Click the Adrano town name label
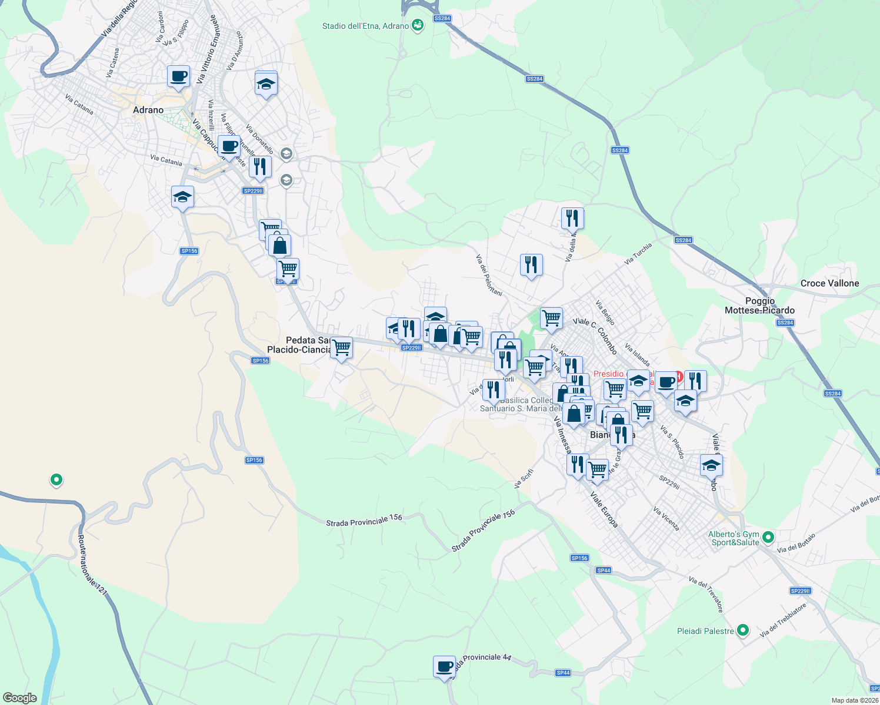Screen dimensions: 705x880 [148, 110]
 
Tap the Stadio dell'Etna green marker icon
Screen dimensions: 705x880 [418, 25]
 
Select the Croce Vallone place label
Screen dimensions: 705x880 [829, 283]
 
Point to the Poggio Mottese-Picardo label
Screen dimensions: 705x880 [759, 305]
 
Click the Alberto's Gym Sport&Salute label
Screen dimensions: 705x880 [734, 538]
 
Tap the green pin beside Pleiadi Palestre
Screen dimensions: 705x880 [743, 630]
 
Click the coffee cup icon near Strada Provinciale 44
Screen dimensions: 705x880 [444, 667]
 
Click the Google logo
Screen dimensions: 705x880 [20, 697]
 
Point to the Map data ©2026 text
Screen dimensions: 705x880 [855, 700]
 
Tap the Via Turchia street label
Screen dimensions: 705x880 [638, 254]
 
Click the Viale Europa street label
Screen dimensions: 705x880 [604, 509]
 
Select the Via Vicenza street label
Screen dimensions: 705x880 [666, 519]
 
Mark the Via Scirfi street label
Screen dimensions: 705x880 [524, 478]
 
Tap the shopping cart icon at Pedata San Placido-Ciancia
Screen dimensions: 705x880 [341, 348]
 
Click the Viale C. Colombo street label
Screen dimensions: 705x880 [595, 336]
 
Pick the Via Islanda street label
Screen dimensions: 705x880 [637, 355]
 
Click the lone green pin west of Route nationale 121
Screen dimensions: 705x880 [56, 480]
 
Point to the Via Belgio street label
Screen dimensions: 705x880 [605, 313]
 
